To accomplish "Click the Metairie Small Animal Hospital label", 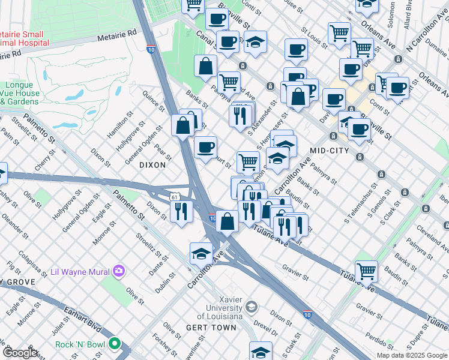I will tap(24, 37).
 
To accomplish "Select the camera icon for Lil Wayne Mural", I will tap(119, 271).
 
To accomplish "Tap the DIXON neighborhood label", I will tap(152, 164).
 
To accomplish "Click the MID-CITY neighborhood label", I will tap(329, 150).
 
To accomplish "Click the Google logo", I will tap(20, 353).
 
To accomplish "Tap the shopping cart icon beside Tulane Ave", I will tap(366, 271).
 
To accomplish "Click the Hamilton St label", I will tap(117, 125).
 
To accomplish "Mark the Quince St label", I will tap(154, 100).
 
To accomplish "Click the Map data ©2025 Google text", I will tap(411, 355).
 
